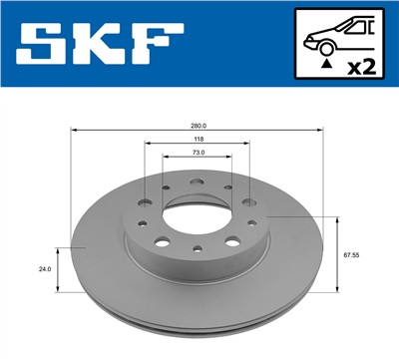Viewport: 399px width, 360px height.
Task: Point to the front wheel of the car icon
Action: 323,46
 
